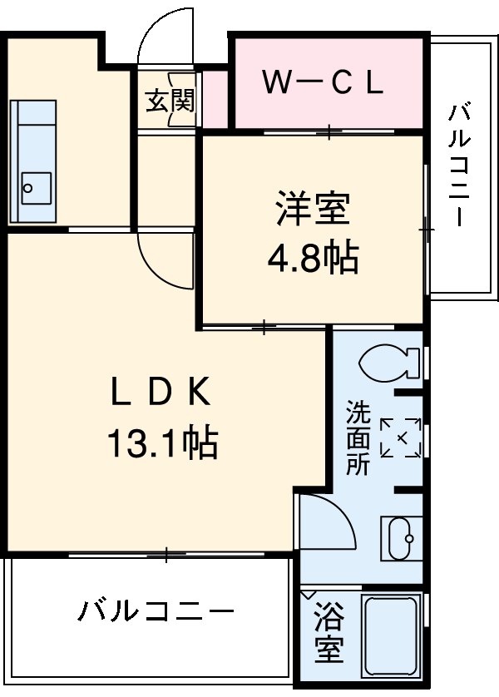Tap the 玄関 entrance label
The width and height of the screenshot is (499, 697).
pos(170,101)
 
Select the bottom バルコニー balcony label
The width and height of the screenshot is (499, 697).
pos(156,613)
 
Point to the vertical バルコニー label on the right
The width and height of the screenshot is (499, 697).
pos(460,164)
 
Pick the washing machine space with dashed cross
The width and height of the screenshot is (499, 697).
pos(399,437)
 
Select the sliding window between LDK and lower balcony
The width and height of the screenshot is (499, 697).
pos(166,554)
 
